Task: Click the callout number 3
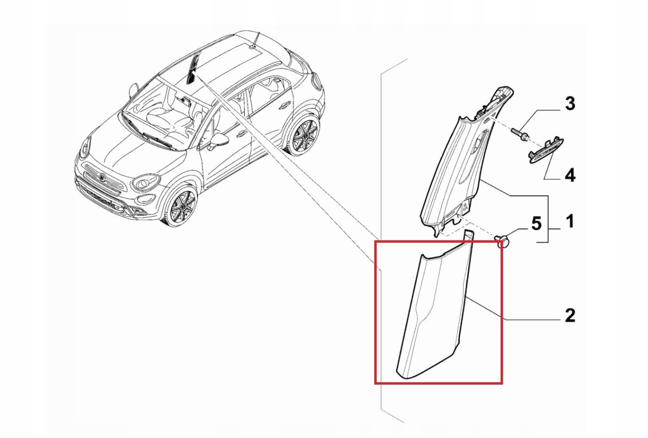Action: (x=569, y=104)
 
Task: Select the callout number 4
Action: (x=569, y=176)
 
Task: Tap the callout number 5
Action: (x=536, y=223)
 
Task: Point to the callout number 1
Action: (x=569, y=221)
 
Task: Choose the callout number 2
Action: (x=569, y=315)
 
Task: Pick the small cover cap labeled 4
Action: (x=546, y=150)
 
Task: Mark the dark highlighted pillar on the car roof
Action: (x=192, y=70)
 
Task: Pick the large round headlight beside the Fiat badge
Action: (x=143, y=183)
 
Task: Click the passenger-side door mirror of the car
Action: (x=134, y=89)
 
